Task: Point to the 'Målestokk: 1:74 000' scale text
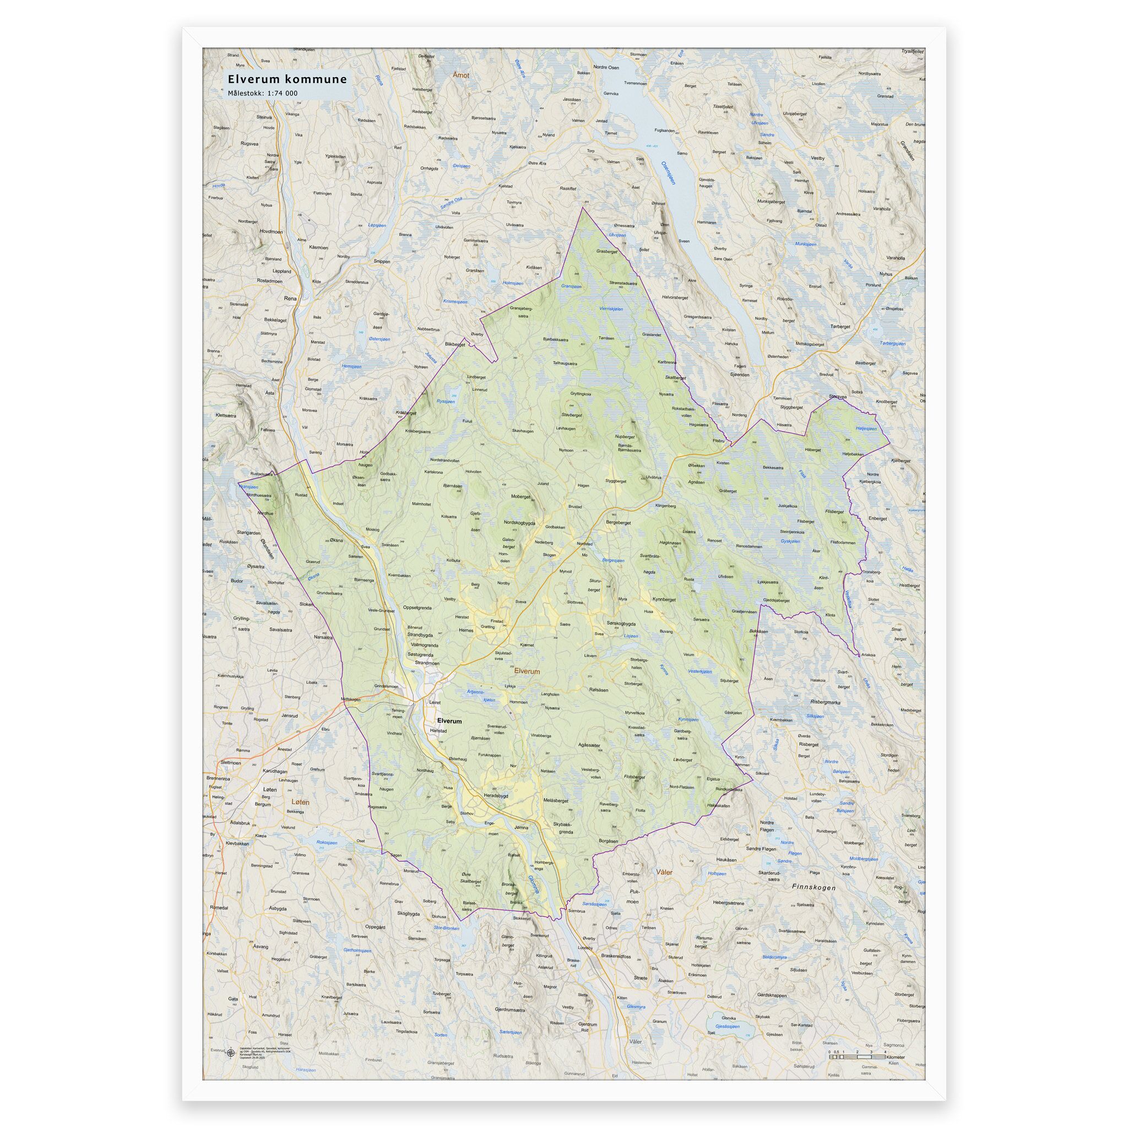[x=263, y=93]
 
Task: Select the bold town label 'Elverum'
[x=449, y=721]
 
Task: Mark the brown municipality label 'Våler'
[x=664, y=872]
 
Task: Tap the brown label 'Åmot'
[x=460, y=75]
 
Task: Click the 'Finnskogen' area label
[x=814, y=887]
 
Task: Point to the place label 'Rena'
[x=290, y=299]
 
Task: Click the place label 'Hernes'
[x=466, y=631]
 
